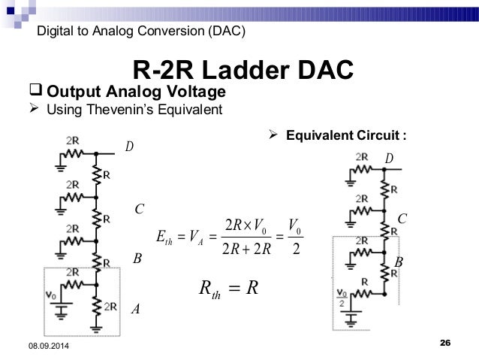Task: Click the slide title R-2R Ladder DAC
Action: click(242, 71)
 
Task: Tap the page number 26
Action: click(444, 343)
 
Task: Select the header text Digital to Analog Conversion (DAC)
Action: click(140, 31)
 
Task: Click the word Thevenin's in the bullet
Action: click(137, 111)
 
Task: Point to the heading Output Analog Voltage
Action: click(136, 92)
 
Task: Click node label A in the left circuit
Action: click(136, 309)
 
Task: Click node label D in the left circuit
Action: click(129, 146)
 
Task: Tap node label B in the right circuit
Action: click(399, 262)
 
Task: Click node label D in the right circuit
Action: click(388, 159)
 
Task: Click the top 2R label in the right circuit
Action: click(362, 156)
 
